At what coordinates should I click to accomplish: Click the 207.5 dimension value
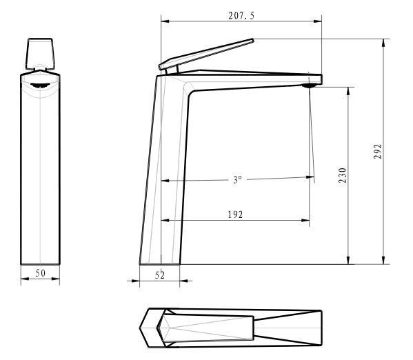pyautogui.click(x=241, y=16)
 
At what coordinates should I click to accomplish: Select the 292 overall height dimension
pyautogui.click(x=378, y=151)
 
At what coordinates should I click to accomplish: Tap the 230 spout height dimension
pyautogui.click(x=343, y=175)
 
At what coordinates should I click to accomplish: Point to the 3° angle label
pyautogui.click(x=237, y=179)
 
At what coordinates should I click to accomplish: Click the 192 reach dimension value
pyautogui.click(x=235, y=214)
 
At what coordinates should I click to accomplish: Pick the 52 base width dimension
pyautogui.click(x=160, y=275)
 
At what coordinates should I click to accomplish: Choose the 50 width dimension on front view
pyautogui.click(x=40, y=273)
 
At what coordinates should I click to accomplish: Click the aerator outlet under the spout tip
pyautogui.click(x=310, y=86)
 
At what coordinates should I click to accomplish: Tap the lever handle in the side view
pyautogui.click(x=206, y=54)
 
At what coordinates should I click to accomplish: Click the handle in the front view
pyautogui.click(x=40, y=54)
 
